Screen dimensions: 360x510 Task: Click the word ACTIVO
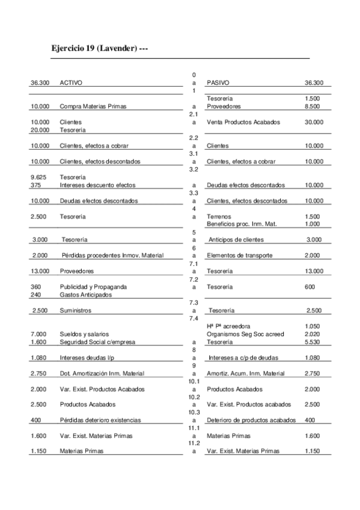tap(71, 82)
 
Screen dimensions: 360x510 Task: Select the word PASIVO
tap(218, 82)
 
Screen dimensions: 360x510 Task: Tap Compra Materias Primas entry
tap(93, 106)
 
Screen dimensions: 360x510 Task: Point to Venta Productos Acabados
tap(243, 122)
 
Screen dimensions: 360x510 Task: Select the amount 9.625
tap(38, 177)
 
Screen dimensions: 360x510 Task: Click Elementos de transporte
tap(239, 256)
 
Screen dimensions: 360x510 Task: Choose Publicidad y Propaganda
tap(93, 287)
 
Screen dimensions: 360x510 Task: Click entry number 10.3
tap(194, 412)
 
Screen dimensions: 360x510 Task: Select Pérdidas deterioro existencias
tap(100, 420)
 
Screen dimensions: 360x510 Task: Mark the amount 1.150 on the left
tap(38, 451)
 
